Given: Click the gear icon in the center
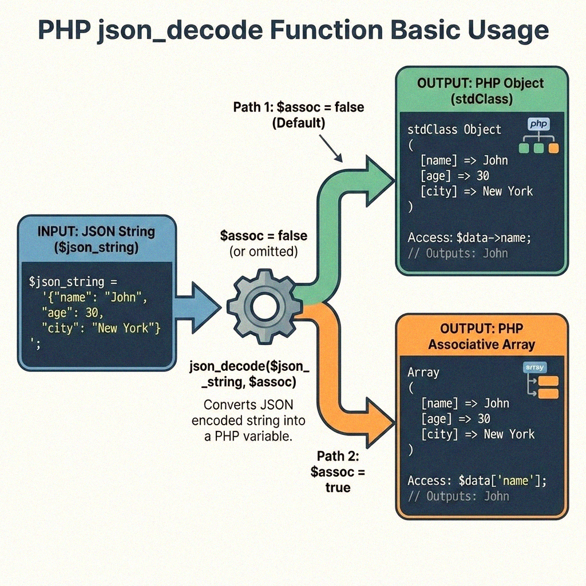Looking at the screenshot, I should [264, 308].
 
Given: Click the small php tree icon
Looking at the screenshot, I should [538, 136].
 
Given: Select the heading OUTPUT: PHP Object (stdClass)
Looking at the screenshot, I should [480, 90].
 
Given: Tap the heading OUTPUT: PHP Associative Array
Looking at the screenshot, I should [481, 336].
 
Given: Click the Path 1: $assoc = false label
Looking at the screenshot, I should [299, 114].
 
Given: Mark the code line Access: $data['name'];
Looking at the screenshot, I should [477, 481].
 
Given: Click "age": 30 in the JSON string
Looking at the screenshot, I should [73, 312].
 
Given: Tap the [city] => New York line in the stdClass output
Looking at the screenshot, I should [476, 191].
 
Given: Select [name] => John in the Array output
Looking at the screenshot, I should [465, 403].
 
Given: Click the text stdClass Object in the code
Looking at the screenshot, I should [454, 129].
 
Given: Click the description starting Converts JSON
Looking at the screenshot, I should [248, 420].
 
